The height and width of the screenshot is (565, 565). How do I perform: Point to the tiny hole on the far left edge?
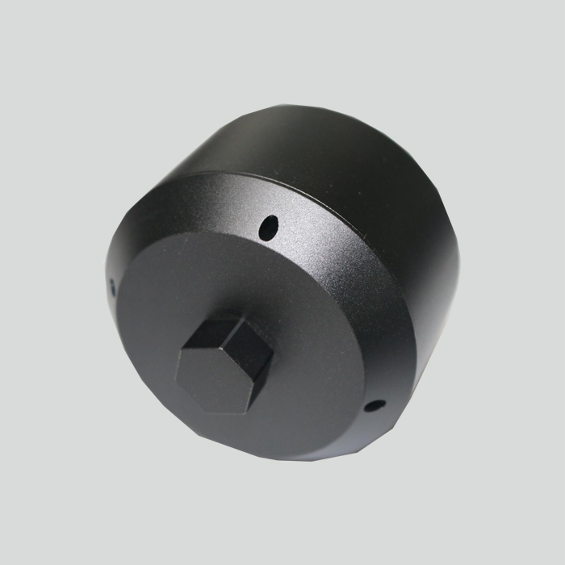pos(111,284)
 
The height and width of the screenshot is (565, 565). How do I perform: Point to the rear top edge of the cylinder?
pos(323,109)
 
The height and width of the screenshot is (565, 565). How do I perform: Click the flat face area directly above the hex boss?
pos(234,278)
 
